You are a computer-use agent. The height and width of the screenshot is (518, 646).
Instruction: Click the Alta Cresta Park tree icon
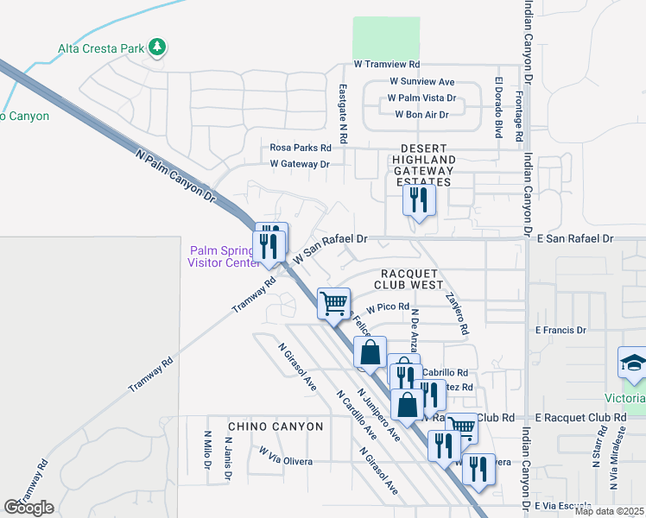pyautogui.click(x=157, y=47)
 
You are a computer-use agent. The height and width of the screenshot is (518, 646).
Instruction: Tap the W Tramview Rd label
pyautogui.click(x=386, y=65)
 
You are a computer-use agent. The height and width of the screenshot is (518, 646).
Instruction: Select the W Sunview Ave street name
pyautogui.click(x=409, y=82)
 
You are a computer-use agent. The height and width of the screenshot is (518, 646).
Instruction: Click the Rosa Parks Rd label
pyautogui.click(x=301, y=148)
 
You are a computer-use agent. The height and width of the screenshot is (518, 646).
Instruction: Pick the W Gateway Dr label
pyautogui.click(x=300, y=163)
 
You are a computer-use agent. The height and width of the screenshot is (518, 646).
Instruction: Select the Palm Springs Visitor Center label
pyautogui.click(x=221, y=256)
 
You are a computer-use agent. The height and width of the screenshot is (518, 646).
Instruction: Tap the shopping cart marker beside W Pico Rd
pyautogui.click(x=333, y=303)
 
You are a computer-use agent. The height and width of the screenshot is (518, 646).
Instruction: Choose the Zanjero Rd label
pyautogui.click(x=457, y=311)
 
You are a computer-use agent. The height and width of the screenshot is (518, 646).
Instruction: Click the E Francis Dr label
pyautogui.click(x=560, y=330)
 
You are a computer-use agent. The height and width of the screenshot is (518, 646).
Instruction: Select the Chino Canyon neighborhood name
pyautogui.click(x=275, y=426)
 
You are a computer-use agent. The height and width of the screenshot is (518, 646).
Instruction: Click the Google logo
pyautogui.click(x=28, y=508)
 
